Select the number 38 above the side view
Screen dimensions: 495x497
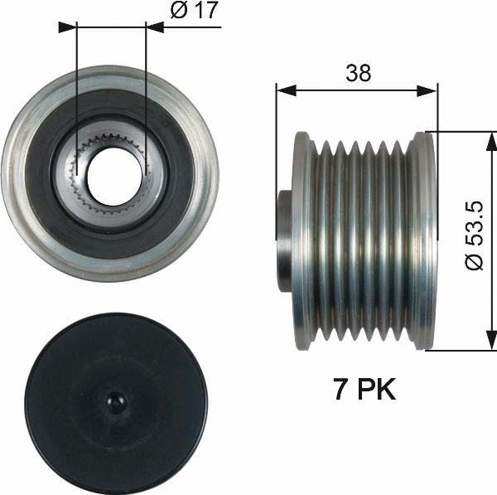tap(358, 73)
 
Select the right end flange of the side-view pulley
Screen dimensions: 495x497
tap(426, 240)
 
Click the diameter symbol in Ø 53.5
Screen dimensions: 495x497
tap(474, 262)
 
